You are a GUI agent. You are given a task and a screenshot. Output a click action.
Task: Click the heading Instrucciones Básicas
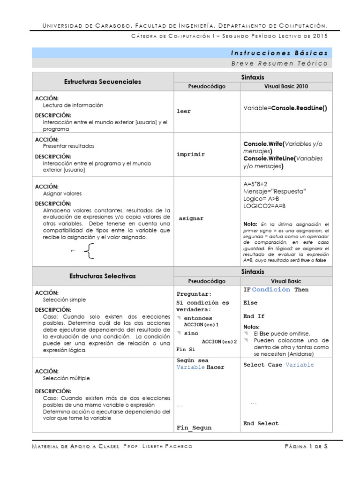(x=279, y=53)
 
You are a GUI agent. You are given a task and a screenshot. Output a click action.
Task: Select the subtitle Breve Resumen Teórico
(x=279, y=63)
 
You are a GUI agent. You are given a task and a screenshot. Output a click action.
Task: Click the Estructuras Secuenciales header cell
(x=102, y=82)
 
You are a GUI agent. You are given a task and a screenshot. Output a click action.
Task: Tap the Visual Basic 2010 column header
(x=286, y=86)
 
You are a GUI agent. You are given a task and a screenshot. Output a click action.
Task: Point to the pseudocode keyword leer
(x=184, y=112)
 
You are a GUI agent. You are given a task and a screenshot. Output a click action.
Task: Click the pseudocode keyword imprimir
(x=191, y=154)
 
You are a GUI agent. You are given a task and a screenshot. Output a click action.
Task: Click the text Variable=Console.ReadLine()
(x=285, y=108)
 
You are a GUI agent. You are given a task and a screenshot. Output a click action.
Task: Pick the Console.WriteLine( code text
(x=270, y=158)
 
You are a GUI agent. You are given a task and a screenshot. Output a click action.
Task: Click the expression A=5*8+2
(x=256, y=184)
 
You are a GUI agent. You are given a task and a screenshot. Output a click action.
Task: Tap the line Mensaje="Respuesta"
(x=275, y=191)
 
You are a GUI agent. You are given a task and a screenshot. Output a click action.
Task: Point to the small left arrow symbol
(x=73, y=251)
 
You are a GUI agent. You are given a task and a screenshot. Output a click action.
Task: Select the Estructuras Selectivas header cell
(x=102, y=276)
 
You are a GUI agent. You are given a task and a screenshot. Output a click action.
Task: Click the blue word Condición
(x=271, y=290)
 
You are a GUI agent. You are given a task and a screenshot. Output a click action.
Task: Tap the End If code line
(x=254, y=316)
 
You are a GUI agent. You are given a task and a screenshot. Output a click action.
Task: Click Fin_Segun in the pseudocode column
(x=194, y=427)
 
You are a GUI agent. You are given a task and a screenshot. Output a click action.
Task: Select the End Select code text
(x=261, y=423)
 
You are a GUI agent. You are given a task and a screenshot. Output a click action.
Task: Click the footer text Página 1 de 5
(x=306, y=447)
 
